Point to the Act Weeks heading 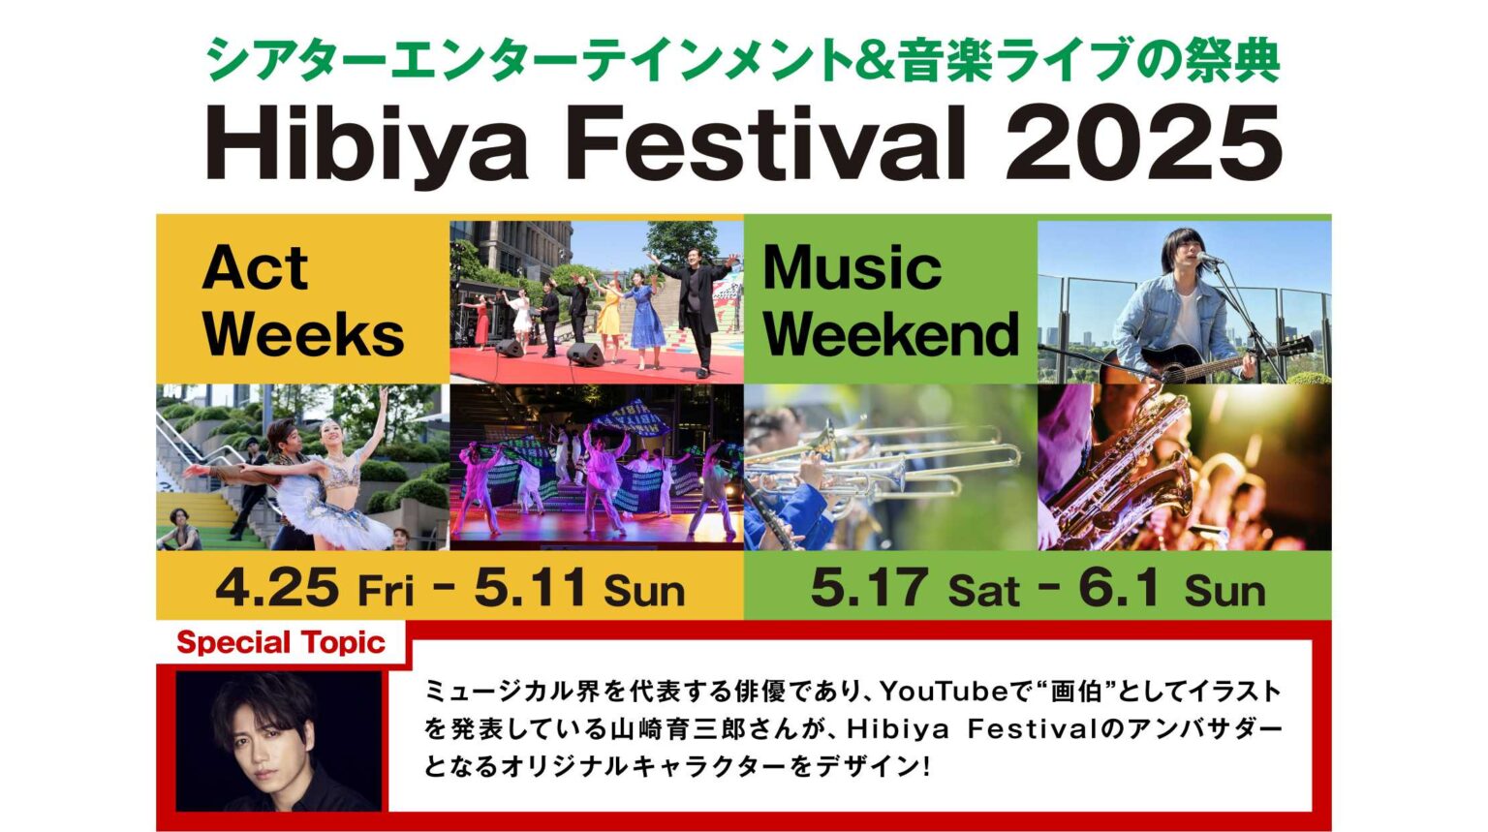(302, 300)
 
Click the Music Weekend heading (889, 300)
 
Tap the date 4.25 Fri (314, 588)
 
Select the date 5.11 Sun (579, 588)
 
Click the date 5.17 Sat (914, 588)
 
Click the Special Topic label (281, 642)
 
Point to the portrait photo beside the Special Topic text (278, 741)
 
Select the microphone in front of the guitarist (1209, 259)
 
